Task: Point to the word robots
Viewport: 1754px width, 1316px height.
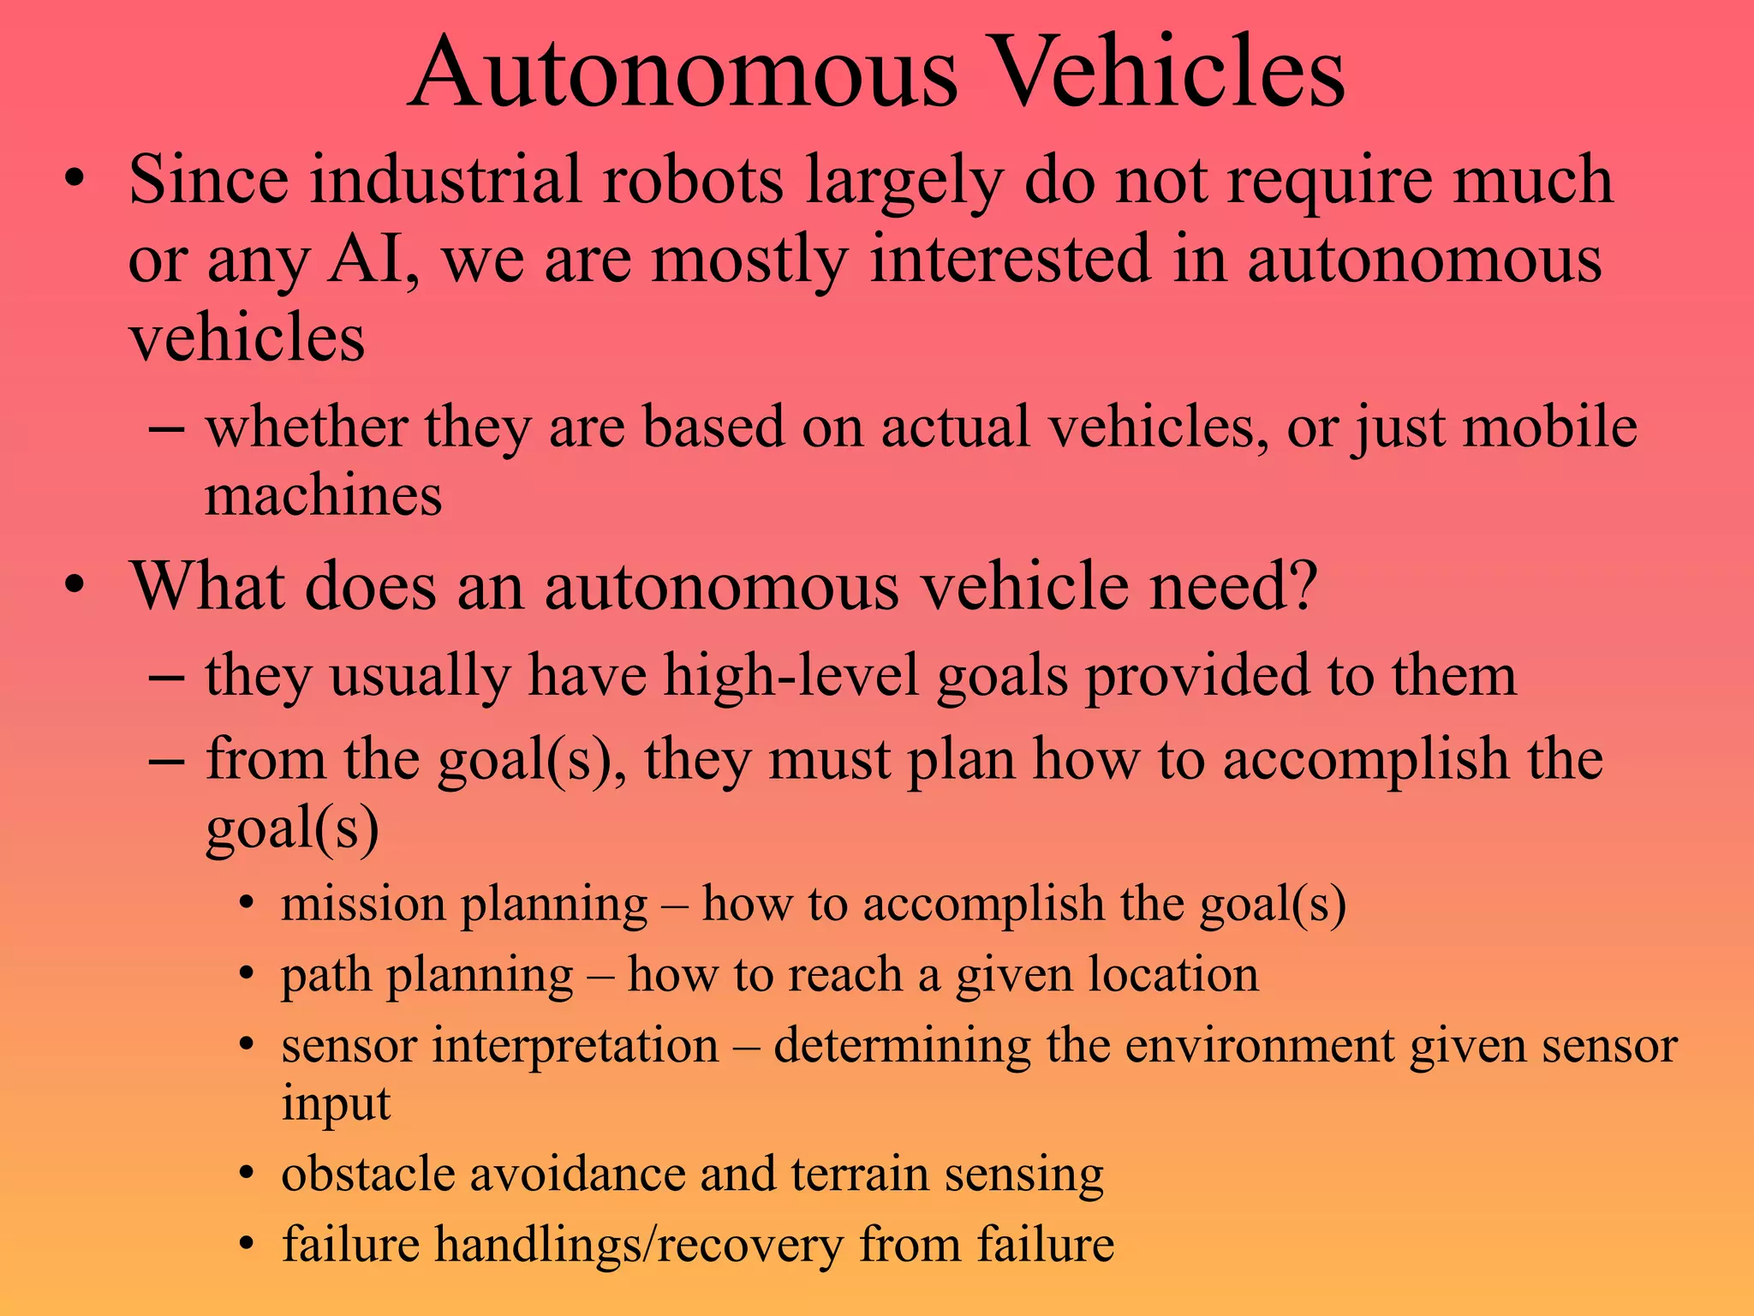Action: click(693, 180)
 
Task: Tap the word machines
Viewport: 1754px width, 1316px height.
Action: click(324, 496)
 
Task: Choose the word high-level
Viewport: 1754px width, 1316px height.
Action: click(791, 676)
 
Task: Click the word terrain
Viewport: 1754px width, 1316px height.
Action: click(860, 1174)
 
